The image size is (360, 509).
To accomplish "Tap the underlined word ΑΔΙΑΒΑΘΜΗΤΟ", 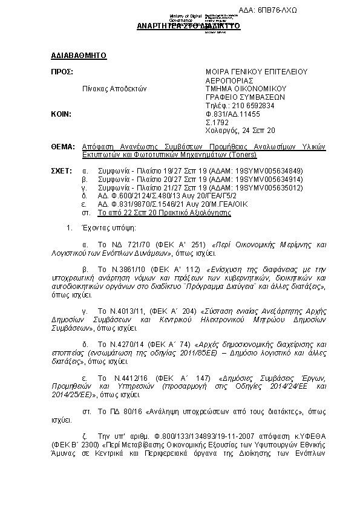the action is [x=79, y=56].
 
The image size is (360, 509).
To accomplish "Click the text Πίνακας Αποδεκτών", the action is [x=115, y=88].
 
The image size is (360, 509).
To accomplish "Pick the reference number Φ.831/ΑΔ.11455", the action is [x=233, y=114].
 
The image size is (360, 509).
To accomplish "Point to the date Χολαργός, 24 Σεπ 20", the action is [x=240, y=130].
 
